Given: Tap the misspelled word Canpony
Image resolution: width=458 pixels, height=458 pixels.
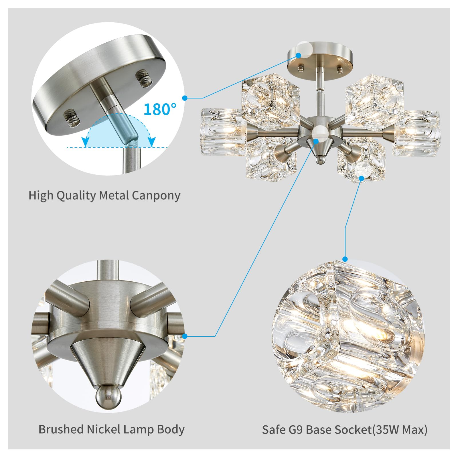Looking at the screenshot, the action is click(x=156, y=196).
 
